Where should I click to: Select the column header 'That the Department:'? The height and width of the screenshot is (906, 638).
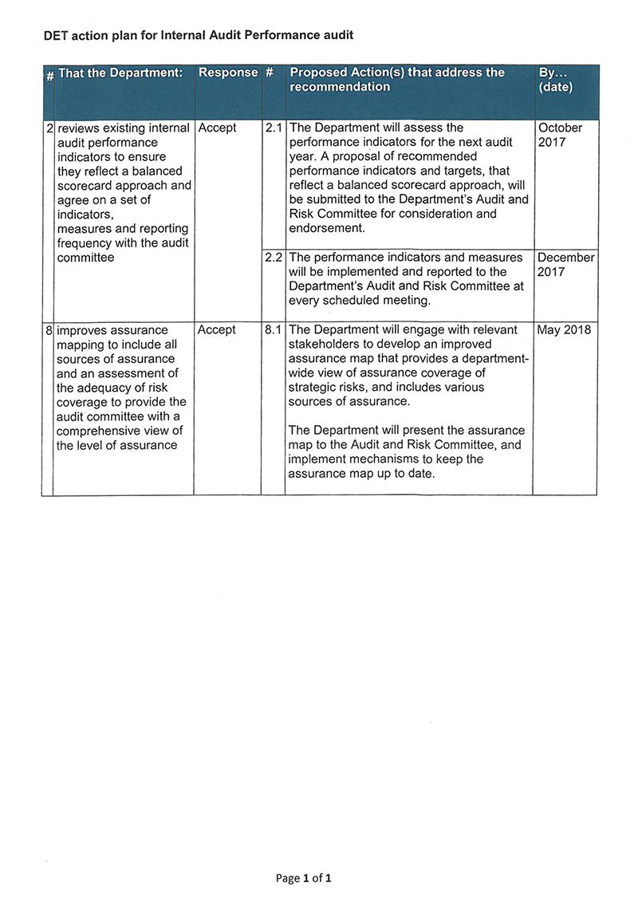pyautogui.click(x=120, y=73)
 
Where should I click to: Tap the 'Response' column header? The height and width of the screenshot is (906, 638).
pyautogui.click(x=228, y=73)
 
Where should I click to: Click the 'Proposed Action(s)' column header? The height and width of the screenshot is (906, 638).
pyautogui.click(x=397, y=80)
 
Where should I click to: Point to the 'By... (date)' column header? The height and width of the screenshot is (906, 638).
pyautogui.click(x=556, y=80)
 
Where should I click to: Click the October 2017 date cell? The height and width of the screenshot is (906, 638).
pyautogui.click(x=561, y=135)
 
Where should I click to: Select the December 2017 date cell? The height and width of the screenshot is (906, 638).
pyautogui.click(x=565, y=265)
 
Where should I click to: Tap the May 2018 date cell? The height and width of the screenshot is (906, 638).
pyautogui.click(x=565, y=330)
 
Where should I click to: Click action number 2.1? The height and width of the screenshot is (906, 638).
pyautogui.click(x=274, y=128)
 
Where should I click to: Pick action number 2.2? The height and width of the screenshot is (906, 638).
pyautogui.click(x=274, y=258)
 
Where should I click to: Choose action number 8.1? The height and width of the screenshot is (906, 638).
pyautogui.click(x=274, y=330)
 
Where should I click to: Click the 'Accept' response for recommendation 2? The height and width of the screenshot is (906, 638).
pyautogui.click(x=217, y=128)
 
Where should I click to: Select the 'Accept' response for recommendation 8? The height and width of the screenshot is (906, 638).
pyautogui.click(x=217, y=330)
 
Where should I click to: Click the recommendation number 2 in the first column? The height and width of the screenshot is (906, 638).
pyautogui.click(x=49, y=128)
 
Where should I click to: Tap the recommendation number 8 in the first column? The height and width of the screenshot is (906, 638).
pyautogui.click(x=49, y=330)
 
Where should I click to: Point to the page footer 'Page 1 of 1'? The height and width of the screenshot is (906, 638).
pyautogui.click(x=303, y=878)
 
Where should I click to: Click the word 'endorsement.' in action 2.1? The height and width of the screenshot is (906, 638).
pyautogui.click(x=327, y=228)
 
